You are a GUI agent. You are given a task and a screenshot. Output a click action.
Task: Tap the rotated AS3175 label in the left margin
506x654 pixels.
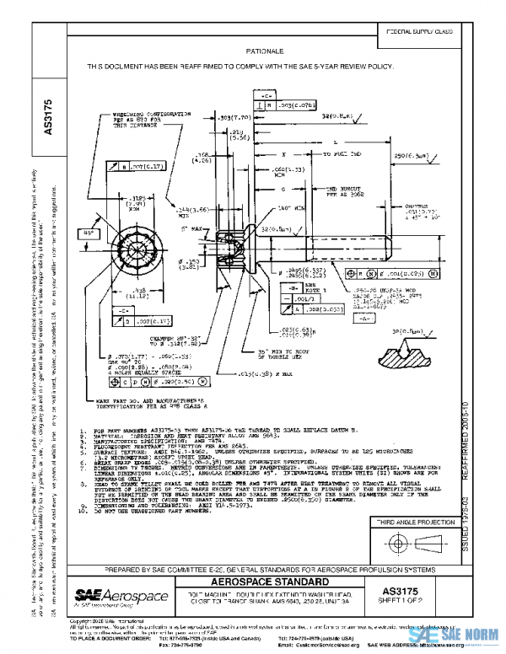pos(48,117)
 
